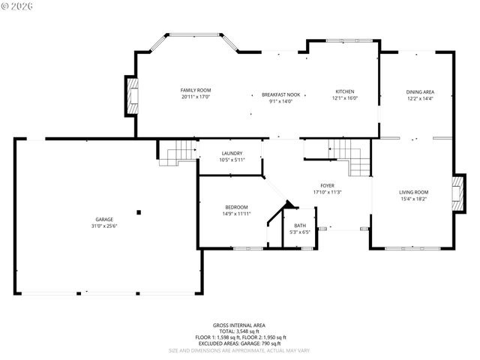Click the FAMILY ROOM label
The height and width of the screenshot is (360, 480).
(195, 90)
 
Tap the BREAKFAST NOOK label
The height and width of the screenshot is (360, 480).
(280, 95)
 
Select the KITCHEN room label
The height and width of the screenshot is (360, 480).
(345, 91)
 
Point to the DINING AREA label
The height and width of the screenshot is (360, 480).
(420, 92)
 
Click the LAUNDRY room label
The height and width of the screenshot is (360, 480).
(231, 153)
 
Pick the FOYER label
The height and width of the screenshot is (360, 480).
(327, 185)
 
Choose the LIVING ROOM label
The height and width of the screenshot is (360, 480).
(413, 192)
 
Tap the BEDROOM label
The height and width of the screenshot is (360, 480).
(236, 207)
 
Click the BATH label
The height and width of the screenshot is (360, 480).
(299, 225)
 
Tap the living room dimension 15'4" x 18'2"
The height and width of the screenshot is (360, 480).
(413, 199)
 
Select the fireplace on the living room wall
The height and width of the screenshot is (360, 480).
(456, 194)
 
